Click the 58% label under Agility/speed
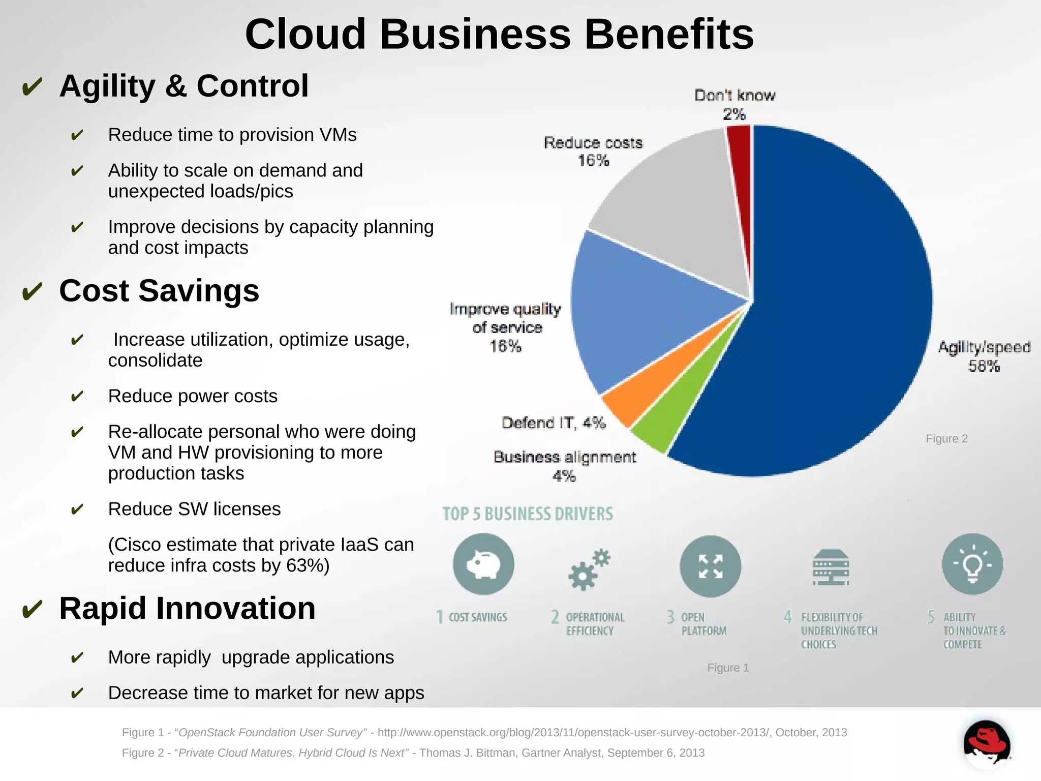click(x=984, y=366)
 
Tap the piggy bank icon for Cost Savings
click(x=483, y=564)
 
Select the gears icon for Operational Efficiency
click(x=589, y=569)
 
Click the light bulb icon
click(x=972, y=564)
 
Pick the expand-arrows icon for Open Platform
click(x=710, y=566)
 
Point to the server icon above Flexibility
click(x=831, y=567)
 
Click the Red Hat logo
click(x=986, y=743)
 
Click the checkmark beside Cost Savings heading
click(x=32, y=292)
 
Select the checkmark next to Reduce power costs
click(x=77, y=396)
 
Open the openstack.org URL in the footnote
click(x=574, y=733)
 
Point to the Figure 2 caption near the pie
click(x=946, y=439)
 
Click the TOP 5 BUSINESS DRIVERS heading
click(x=528, y=514)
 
